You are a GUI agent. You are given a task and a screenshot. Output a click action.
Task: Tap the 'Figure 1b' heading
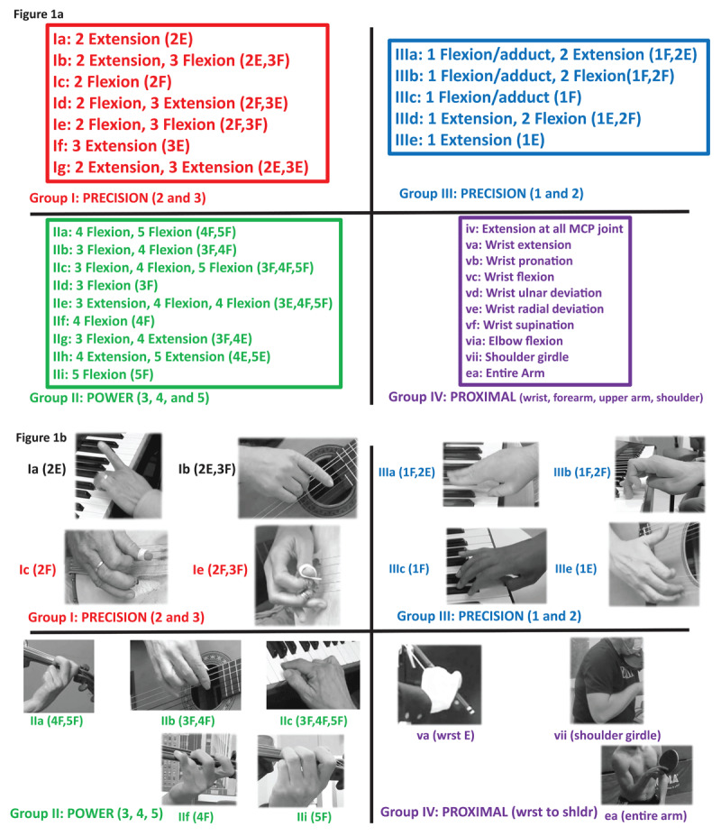(x=41, y=438)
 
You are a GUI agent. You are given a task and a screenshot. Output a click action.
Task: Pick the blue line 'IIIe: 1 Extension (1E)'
(x=468, y=140)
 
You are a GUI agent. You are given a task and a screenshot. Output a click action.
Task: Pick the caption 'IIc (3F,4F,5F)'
(x=309, y=722)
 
